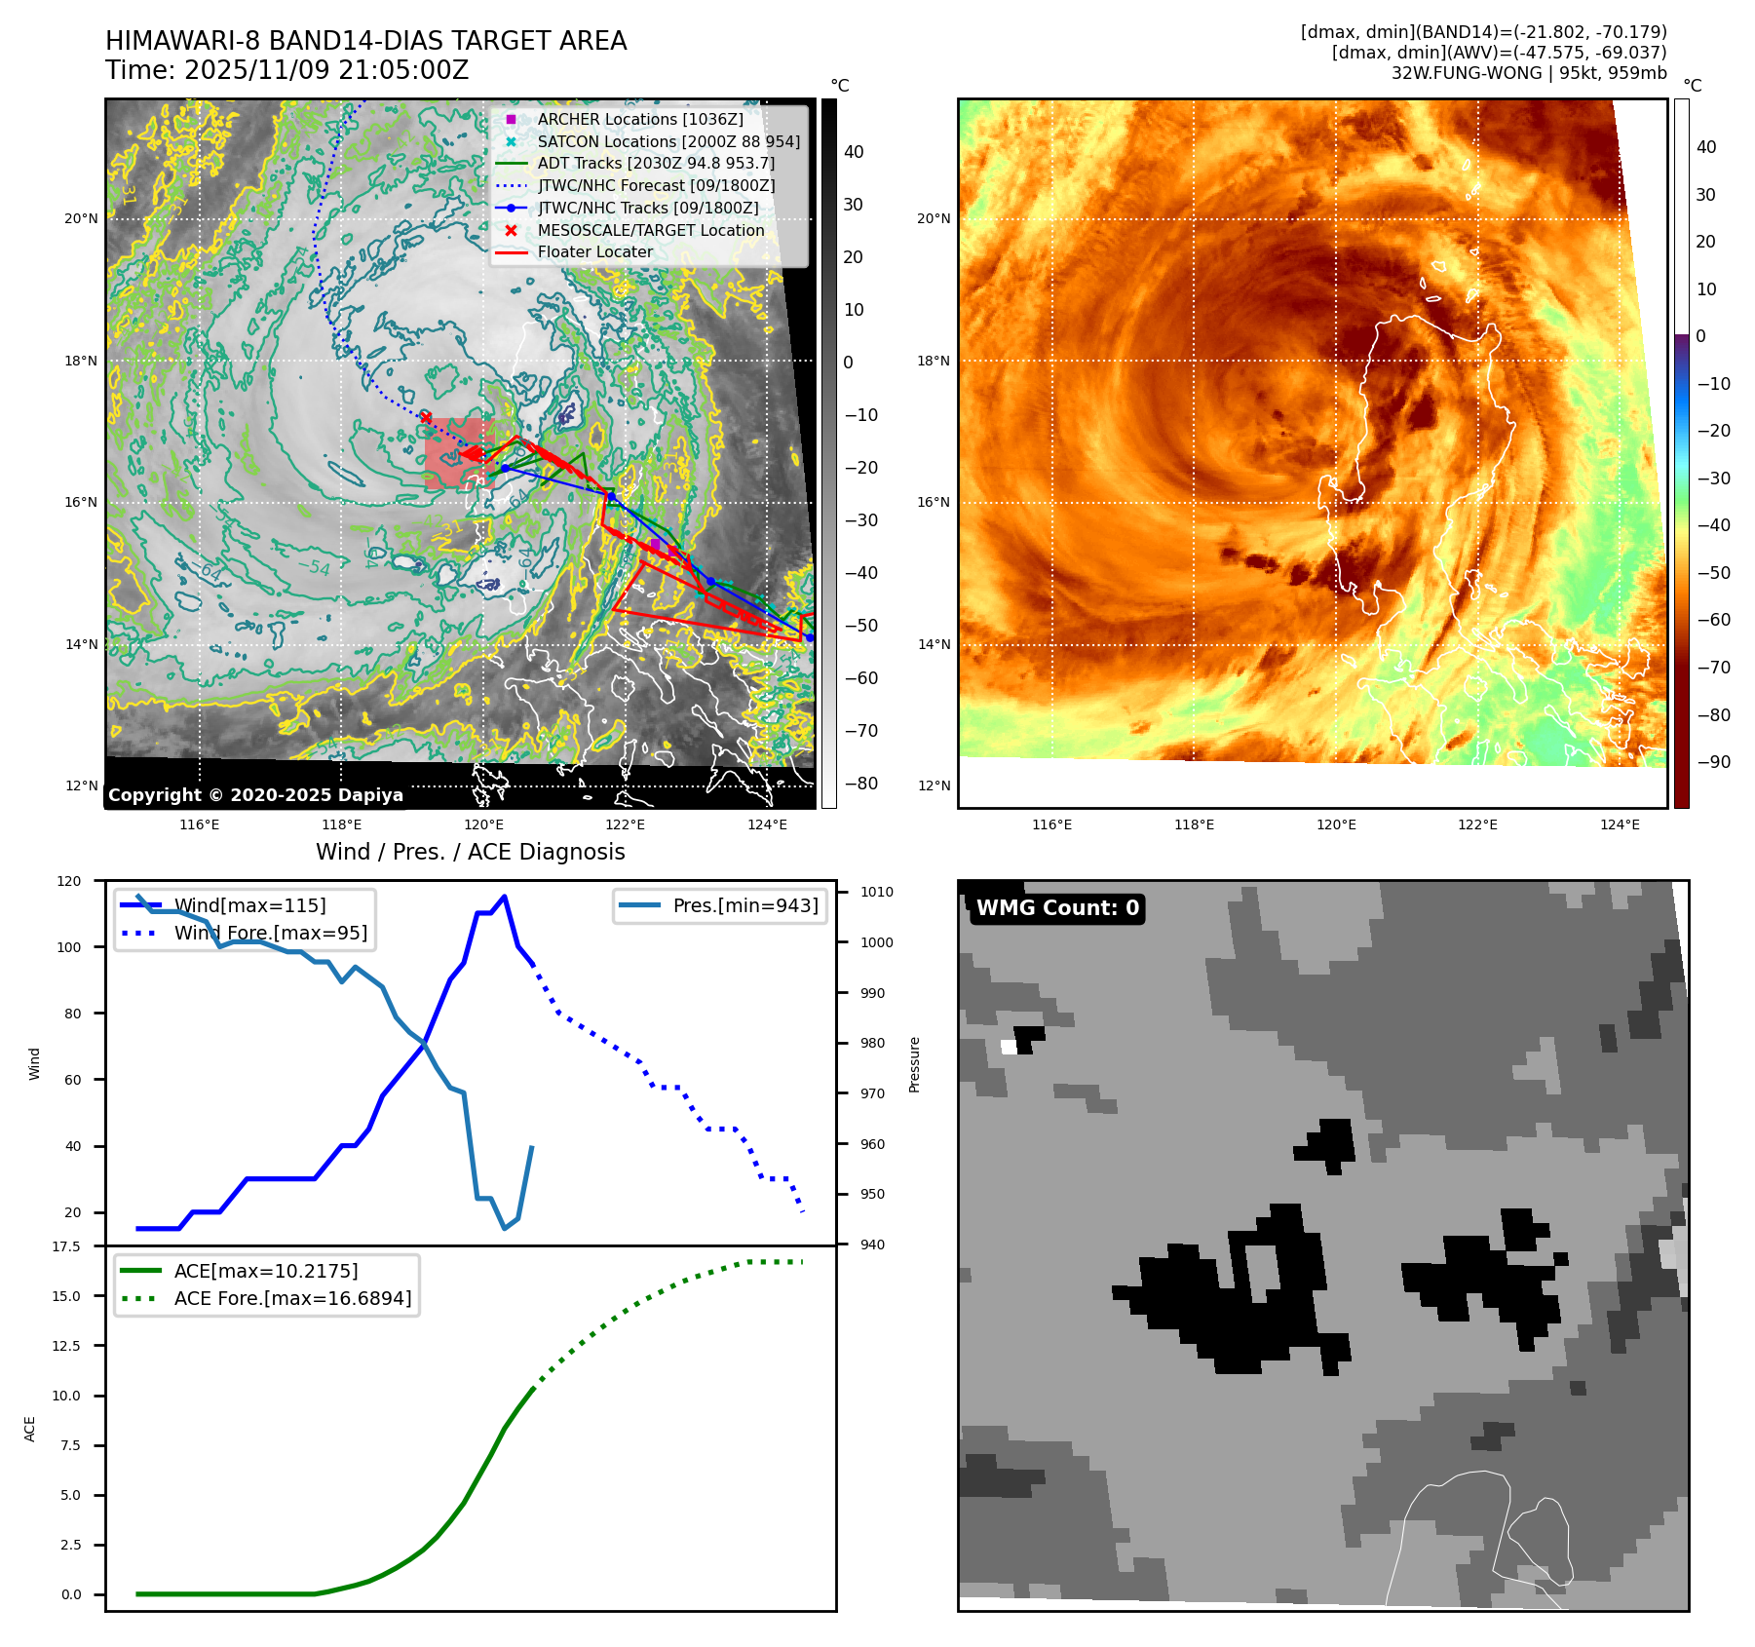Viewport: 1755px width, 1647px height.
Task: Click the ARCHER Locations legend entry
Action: pos(639,119)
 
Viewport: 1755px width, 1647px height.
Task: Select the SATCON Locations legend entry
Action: pos(668,141)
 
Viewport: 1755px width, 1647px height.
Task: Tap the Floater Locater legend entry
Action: pos(594,251)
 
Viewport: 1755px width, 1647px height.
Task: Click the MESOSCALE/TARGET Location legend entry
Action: pos(650,230)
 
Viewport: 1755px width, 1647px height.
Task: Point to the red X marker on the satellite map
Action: pos(426,418)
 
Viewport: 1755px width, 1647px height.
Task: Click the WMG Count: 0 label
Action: pos(1057,908)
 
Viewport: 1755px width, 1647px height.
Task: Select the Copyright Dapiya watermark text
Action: pos(255,795)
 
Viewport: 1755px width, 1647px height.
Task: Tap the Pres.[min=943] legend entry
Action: pos(744,905)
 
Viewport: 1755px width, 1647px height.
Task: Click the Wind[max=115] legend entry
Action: pos(249,905)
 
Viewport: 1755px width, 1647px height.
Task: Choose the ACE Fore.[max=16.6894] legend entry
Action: pos(292,1298)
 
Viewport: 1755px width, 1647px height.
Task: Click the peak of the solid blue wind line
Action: pos(504,897)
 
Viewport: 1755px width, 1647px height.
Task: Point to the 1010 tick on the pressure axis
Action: pos(876,892)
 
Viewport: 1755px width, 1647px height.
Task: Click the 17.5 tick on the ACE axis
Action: pos(66,1246)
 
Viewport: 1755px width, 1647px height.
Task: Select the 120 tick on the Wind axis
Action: pos(69,881)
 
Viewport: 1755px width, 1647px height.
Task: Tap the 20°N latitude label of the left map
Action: pos(81,218)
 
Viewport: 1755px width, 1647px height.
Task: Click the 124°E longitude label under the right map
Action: pos(1620,824)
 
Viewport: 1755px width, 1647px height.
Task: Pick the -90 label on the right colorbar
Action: pos(1713,762)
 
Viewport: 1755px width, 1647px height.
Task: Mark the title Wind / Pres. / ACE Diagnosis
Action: pos(470,852)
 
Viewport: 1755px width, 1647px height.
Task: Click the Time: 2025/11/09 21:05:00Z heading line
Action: pos(287,70)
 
